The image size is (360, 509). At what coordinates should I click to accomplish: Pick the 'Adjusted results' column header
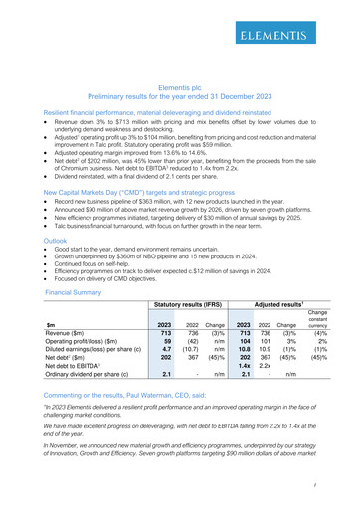coord(279,306)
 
